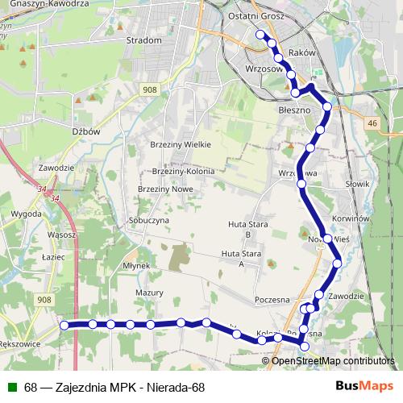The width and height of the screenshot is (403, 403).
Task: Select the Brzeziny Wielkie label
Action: (180, 144)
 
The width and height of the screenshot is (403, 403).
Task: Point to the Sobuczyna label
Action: (148, 219)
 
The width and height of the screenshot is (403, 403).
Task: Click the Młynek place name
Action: (137, 265)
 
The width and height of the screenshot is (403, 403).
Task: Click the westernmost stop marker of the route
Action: (64, 325)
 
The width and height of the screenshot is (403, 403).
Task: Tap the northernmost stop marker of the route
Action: (260, 35)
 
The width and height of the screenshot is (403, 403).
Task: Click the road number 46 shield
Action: (371, 123)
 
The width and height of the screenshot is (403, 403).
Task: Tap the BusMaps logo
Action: (364, 387)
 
